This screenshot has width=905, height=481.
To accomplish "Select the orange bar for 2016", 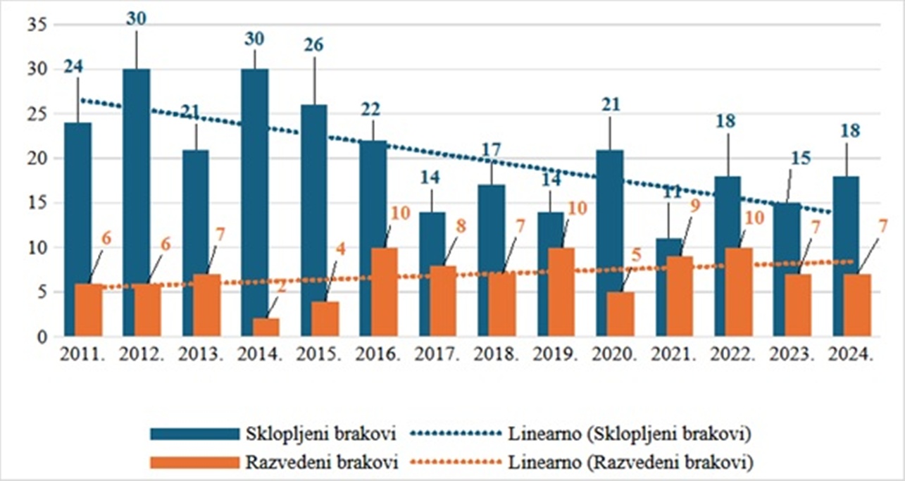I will coord(385,292).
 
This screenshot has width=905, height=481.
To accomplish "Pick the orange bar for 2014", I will coord(266,327).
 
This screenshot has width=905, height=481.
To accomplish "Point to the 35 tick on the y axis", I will coord(35,25).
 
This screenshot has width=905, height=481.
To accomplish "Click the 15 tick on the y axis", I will coord(35,204).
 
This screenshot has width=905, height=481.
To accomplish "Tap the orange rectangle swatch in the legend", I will coord(192,463).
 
